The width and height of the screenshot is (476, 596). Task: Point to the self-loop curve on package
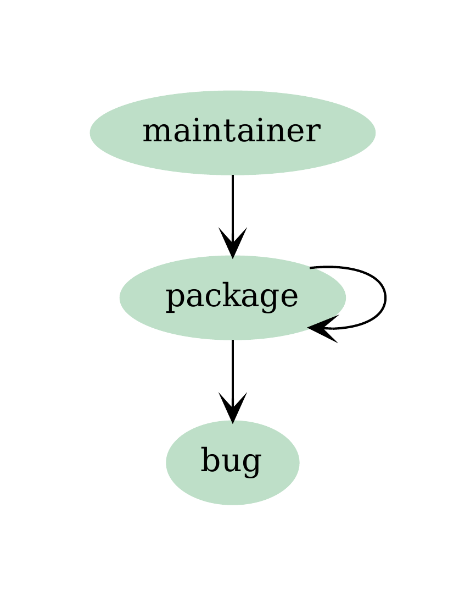(385, 297)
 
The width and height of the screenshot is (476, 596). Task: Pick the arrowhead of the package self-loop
(323, 328)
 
